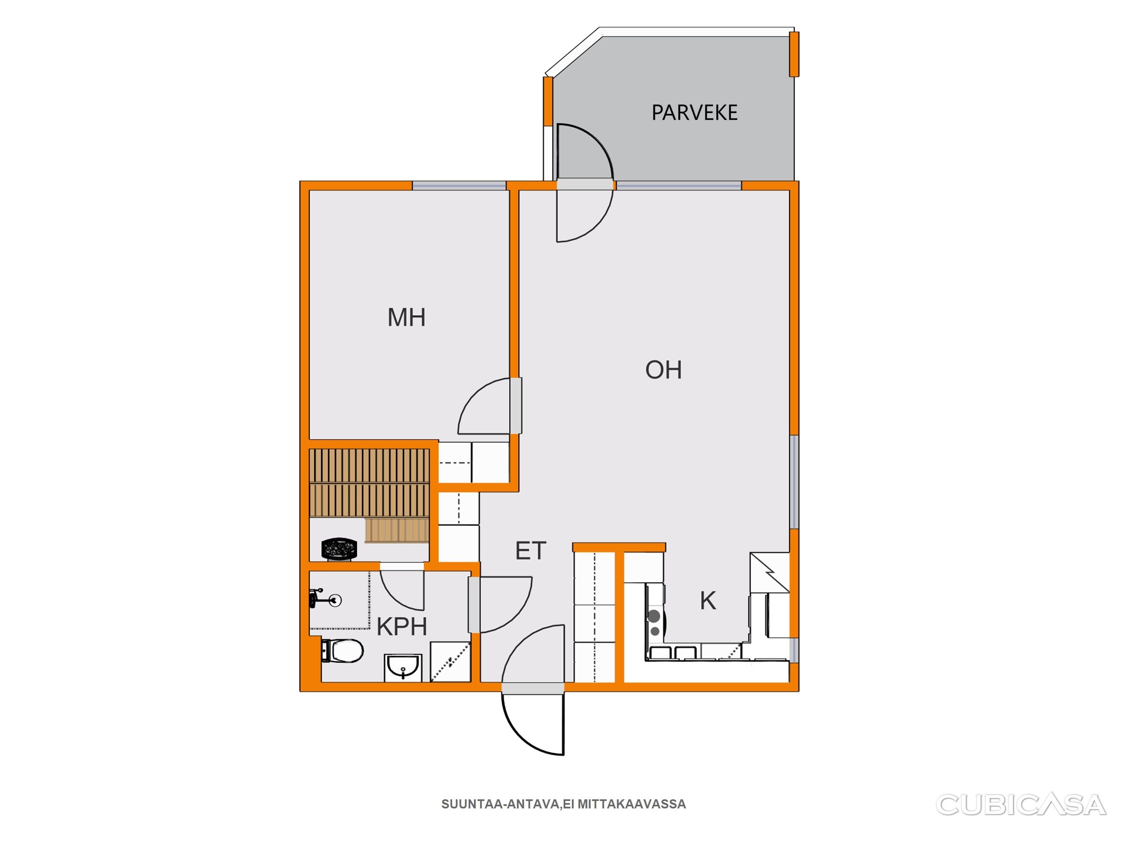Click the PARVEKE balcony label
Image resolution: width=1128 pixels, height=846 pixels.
[x=695, y=113]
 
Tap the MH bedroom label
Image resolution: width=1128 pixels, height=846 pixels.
[x=407, y=317]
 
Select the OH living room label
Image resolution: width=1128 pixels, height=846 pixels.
[x=664, y=370]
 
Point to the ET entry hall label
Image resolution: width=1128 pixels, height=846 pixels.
[x=531, y=551]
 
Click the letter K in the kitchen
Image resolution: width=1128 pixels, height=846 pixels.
[x=708, y=601]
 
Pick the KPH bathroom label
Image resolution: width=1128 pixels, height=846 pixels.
[x=402, y=627]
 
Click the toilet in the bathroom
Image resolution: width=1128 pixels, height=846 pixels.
[x=342, y=651]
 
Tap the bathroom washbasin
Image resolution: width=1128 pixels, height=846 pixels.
[x=403, y=668]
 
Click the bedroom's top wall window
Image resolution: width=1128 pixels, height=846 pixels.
[x=459, y=185]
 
